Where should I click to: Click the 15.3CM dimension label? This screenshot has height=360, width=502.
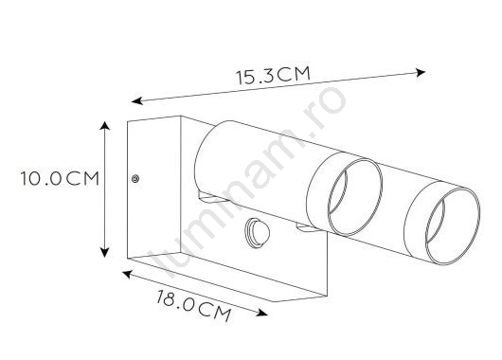click(x=274, y=76)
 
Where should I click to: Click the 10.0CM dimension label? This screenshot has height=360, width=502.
click(x=60, y=178)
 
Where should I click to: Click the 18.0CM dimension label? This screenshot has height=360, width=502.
click(x=193, y=306)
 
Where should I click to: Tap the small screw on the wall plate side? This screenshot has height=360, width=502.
click(x=135, y=179)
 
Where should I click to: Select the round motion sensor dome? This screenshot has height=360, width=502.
click(x=257, y=232)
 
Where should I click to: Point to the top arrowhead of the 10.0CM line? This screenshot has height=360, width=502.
click(x=105, y=125)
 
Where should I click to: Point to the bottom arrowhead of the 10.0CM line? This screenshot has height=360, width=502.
click(x=105, y=253)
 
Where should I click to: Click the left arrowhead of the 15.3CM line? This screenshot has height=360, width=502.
click(x=136, y=100)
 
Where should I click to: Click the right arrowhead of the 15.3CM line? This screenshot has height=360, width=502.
click(x=421, y=73)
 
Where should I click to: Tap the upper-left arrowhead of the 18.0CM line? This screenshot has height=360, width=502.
click(x=127, y=274)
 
